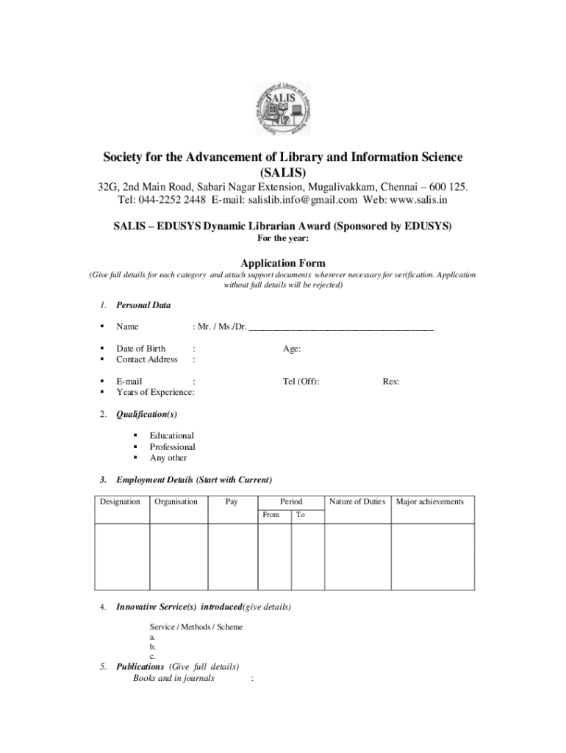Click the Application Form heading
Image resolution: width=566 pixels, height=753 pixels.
coord(283,263)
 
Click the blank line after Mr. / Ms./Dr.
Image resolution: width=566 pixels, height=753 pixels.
coord(341,327)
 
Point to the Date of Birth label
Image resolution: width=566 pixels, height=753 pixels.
coord(140,349)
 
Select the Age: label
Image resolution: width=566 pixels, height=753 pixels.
coord(291,349)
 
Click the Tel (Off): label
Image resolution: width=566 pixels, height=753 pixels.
coord(301,382)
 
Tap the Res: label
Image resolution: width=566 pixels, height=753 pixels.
coord(390,382)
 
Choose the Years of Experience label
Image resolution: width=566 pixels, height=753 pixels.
coord(154,393)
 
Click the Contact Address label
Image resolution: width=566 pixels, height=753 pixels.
coord(146,360)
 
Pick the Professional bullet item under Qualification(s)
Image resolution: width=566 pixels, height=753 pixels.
coord(172,447)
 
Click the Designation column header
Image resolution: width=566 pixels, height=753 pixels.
coord(120,502)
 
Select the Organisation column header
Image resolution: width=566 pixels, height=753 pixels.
coord(176,502)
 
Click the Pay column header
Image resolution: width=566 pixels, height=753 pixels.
coord(232,502)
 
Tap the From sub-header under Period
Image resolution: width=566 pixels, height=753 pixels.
coord(271,515)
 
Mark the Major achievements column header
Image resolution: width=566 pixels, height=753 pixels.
coord(430,502)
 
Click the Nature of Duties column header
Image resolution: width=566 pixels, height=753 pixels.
coord(357,502)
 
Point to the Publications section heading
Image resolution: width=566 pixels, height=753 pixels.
coord(143,667)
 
